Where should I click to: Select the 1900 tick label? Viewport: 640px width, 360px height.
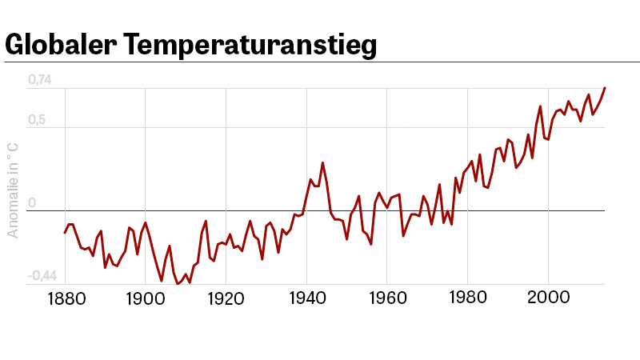point(145,298)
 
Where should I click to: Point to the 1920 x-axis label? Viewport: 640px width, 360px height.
point(226,298)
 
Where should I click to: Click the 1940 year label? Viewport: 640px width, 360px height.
point(306,298)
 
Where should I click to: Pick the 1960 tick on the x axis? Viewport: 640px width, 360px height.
point(387,298)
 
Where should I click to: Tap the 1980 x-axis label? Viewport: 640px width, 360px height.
point(467,298)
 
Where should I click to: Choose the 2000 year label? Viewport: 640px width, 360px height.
point(548,298)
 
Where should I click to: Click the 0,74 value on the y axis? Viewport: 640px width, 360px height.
point(39,80)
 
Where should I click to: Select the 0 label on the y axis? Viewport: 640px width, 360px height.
point(32,203)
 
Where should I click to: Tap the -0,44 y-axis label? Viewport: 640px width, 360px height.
point(42,276)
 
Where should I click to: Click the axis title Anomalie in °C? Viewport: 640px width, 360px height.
point(13,190)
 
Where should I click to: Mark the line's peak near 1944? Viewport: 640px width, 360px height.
point(322,163)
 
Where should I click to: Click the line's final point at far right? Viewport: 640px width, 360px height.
point(605,88)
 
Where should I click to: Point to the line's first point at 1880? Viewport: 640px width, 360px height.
point(65,233)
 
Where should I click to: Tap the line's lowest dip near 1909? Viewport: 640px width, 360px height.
point(178,283)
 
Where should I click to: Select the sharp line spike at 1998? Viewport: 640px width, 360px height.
point(540,106)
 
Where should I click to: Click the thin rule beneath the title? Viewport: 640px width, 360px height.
point(320,62)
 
